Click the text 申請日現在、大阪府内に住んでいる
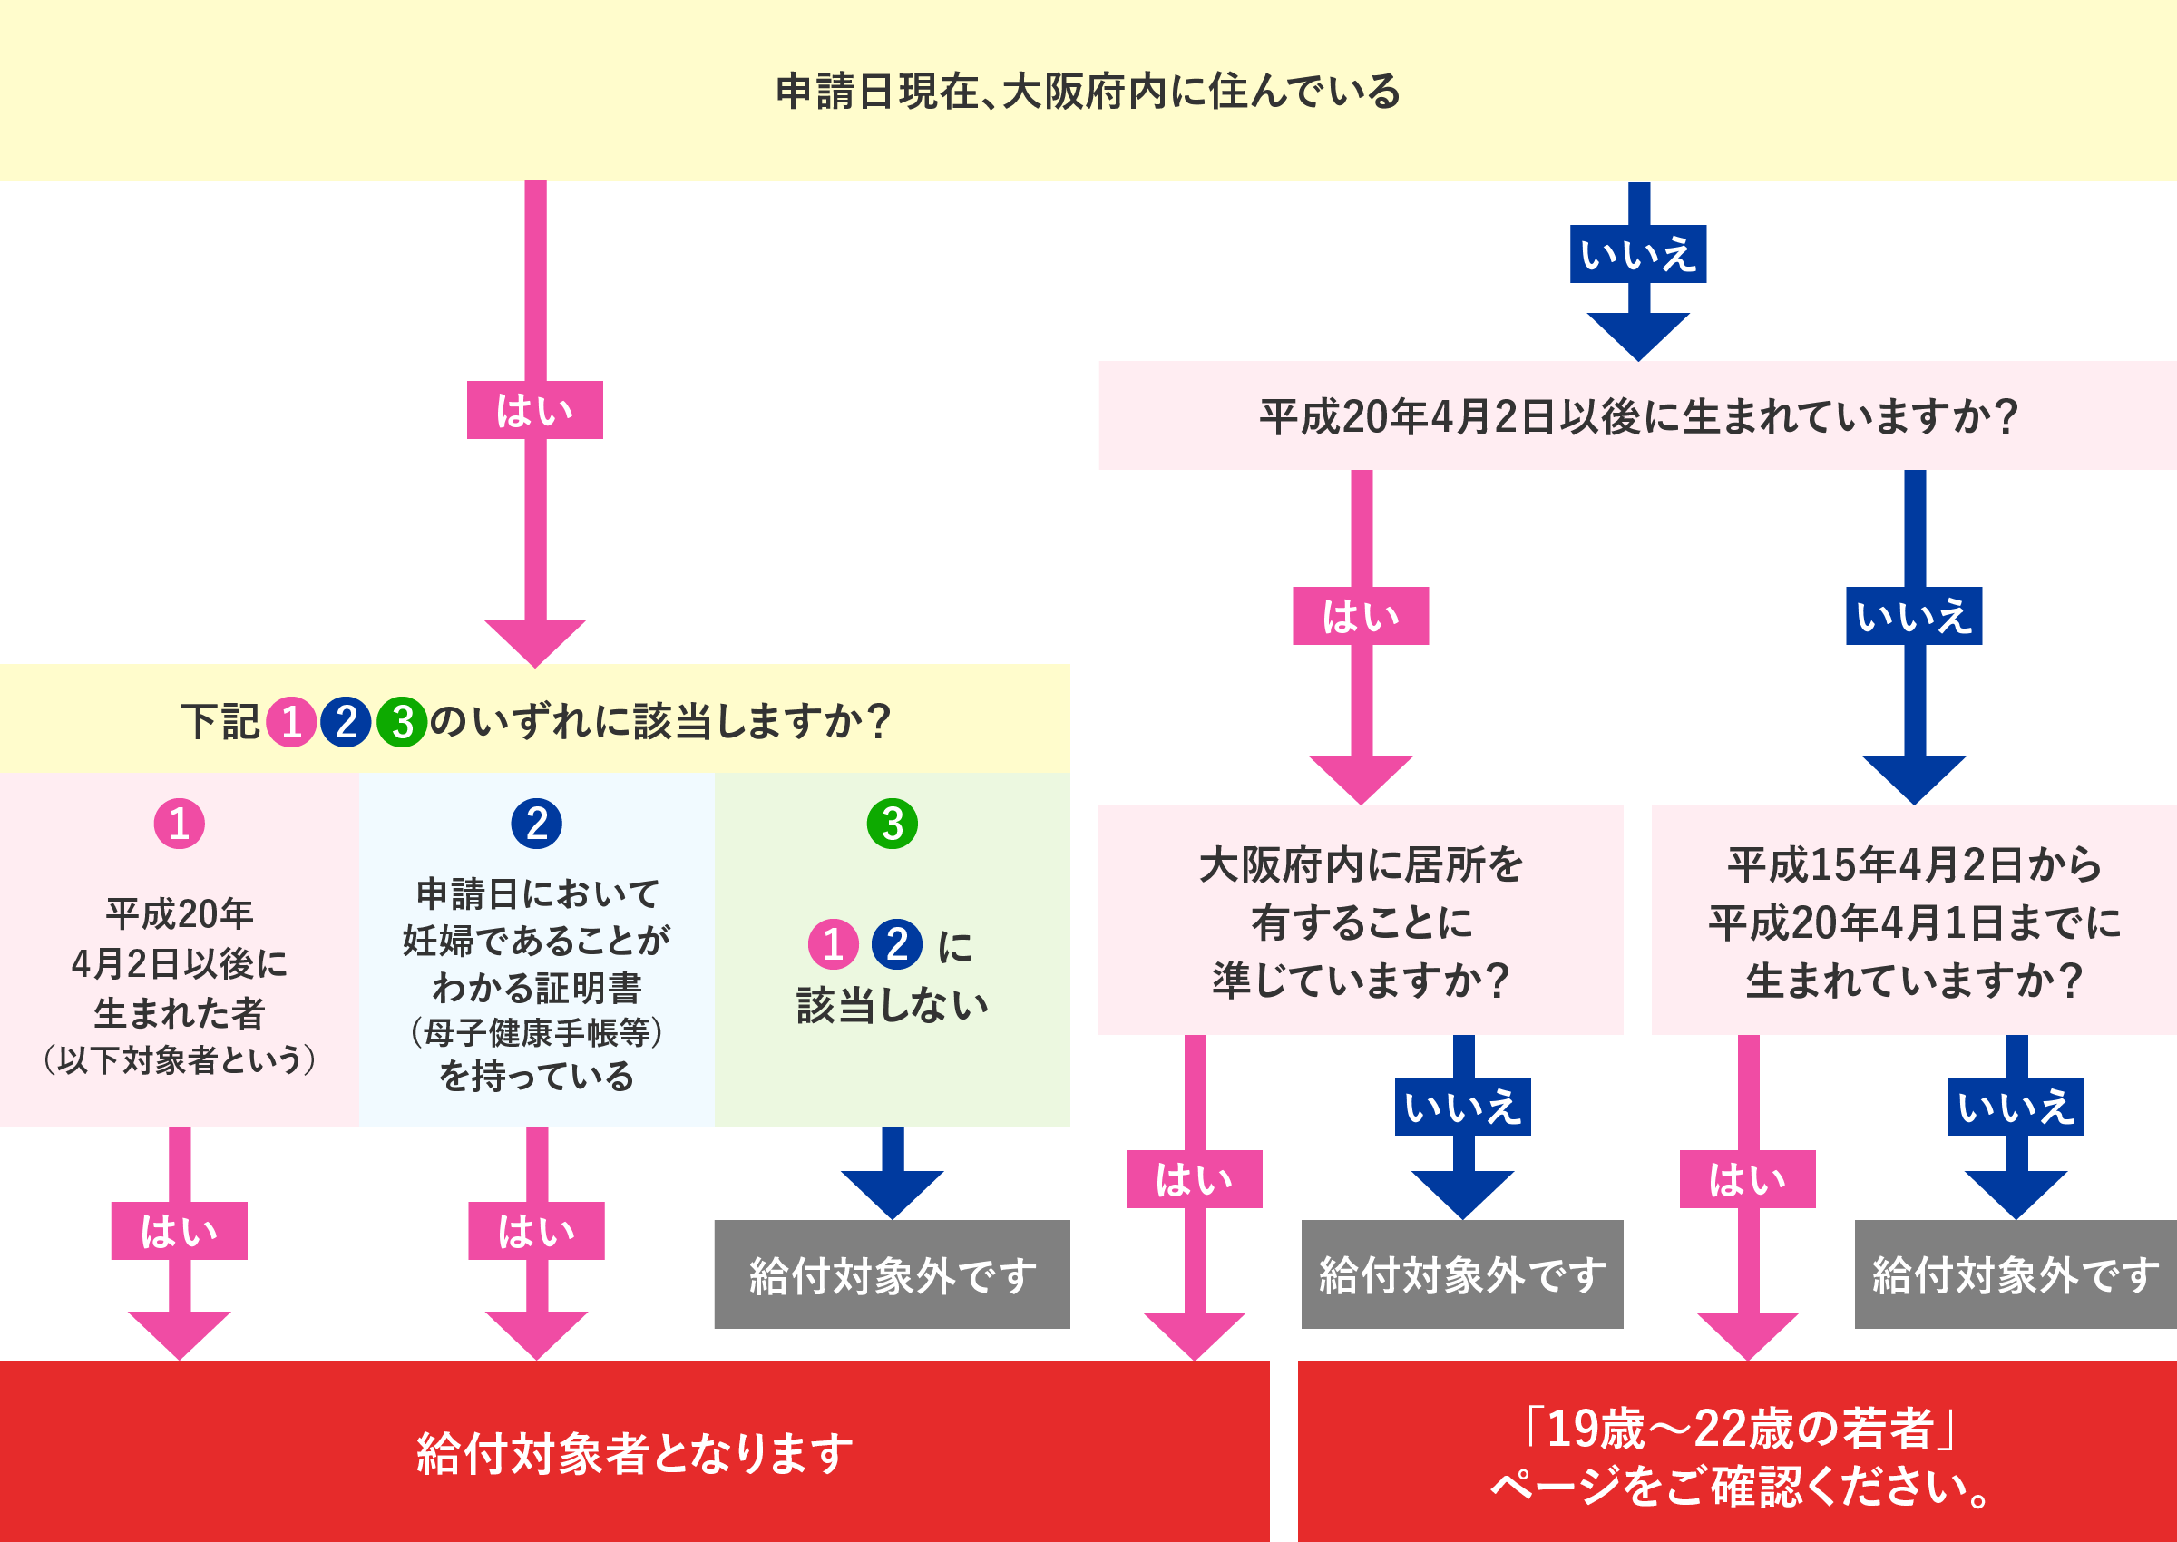(x=1088, y=91)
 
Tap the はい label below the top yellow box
(x=534, y=410)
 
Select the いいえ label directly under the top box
(x=1637, y=255)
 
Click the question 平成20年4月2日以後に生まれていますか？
(x=1637, y=415)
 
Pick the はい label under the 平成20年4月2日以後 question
(x=1361, y=616)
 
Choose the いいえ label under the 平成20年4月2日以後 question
(x=1914, y=616)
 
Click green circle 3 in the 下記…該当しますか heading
(x=403, y=722)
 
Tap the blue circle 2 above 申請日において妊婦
(x=536, y=824)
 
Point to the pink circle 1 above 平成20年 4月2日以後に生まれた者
(x=180, y=824)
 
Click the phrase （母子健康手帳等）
(x=536, y=1031)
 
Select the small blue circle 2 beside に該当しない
(x=896, y=944)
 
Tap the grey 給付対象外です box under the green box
(x=892, y=1274)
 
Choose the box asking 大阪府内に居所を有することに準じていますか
(x=1361, y=920)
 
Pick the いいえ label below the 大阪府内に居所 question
(x=1462, y=1107)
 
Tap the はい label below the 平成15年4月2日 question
(x=1747, y=1179)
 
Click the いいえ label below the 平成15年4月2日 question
(x=2016, y=1107)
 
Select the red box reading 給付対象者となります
(x=634, y=1452)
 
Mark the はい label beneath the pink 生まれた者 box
(x=180, y=1231)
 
